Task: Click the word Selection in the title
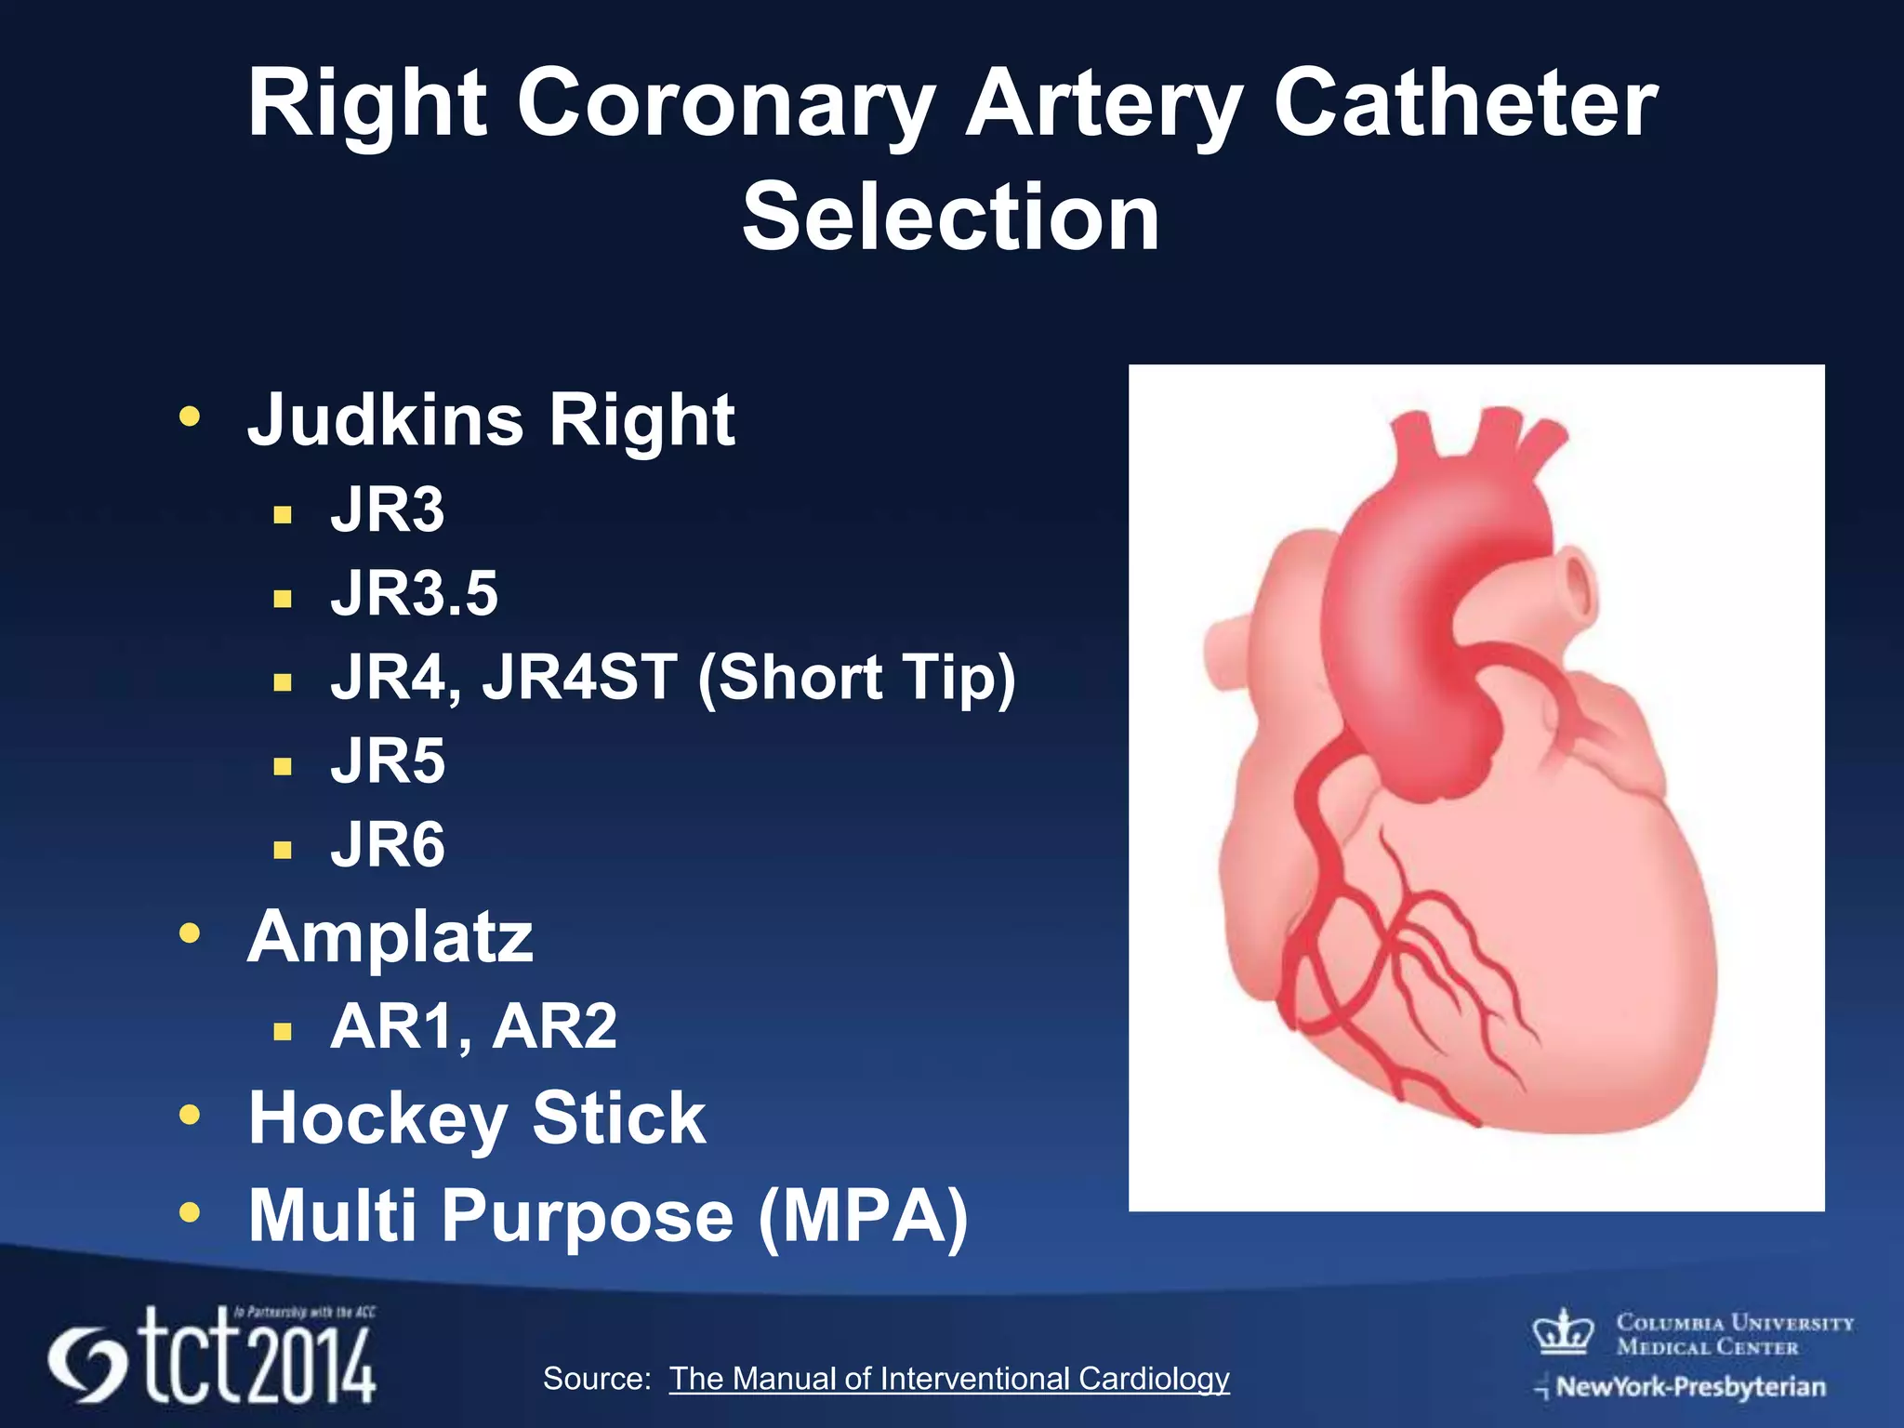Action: click(x=950, y=217)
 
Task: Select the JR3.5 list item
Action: click(x=415, y=593)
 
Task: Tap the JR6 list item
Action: click(x=388, y=845)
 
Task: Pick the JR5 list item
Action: click(x=388, y=761)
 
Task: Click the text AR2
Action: click(x=555, y=1026)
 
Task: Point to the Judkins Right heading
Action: click(x=491, y=420)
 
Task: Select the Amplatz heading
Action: click(x=390, y=936)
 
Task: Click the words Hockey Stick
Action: click(x=477, y=1118)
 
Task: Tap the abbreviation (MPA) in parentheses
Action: click(x=864, y=1216)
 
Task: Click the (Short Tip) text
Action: click(x=856, y=677)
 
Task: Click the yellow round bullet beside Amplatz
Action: click(x=190, y=932)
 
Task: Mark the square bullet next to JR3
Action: click(x=284, y=514)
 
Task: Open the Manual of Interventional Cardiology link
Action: click(x=949, y=1379)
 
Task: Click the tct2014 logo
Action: click(x=214, y=1356)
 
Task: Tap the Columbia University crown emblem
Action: click(x=1563, y=1331)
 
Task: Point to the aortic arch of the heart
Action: click(x=1450, y=521)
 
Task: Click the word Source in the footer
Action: click(x=596, y=1379)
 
